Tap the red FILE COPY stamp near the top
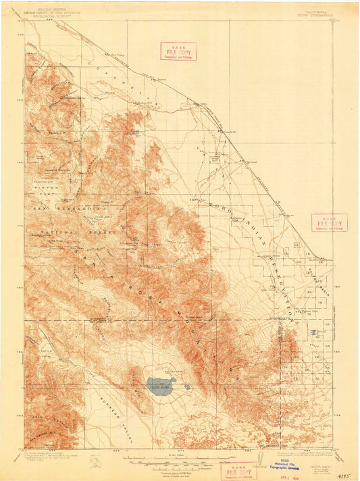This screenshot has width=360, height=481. pos(178,51)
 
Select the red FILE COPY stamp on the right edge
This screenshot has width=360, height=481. pos(329,223)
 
